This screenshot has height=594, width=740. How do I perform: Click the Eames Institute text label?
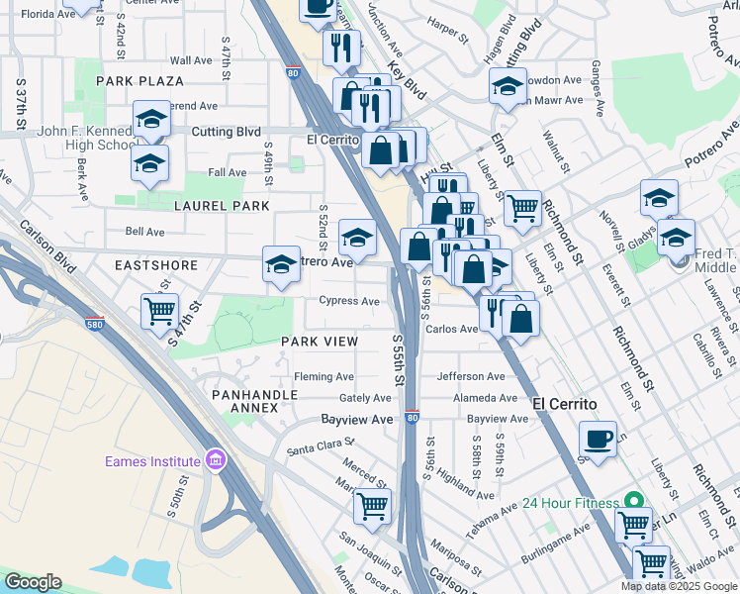click(x=153, y=462)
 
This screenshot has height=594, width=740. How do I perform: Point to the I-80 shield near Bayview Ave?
click(x=413, y=419)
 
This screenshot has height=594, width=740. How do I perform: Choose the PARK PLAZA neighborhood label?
click(x=139, y=80)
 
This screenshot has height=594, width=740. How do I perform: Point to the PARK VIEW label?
click(x=319, y=341)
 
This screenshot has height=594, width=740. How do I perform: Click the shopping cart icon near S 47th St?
click(x=159, y=311)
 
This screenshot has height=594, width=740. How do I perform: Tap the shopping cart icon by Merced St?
click(x=373, y=506)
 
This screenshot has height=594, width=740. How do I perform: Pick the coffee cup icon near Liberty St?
click(x=598, y=438)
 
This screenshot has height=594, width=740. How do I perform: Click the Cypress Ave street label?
click(x=349, y=301)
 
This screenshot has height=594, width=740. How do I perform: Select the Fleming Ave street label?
click(x=324, y=377)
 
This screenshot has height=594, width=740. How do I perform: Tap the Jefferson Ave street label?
click(x=471, y=376)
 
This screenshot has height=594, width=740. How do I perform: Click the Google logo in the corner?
click(x=33, y=582)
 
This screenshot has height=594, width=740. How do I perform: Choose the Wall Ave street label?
click(x=191, y=60)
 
